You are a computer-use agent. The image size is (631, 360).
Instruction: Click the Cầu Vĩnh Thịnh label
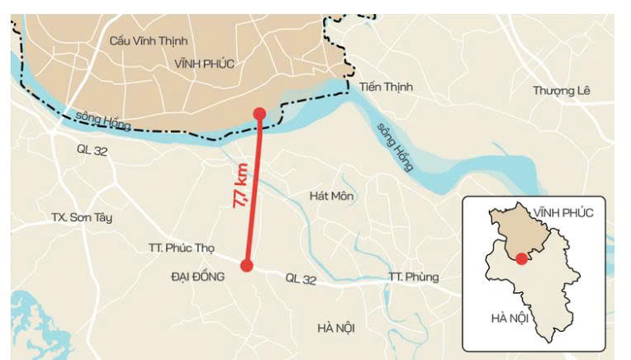pyautogui.click(x=149, y=40)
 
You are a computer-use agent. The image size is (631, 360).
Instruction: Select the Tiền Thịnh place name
pyautogui.click(x=386, y=87)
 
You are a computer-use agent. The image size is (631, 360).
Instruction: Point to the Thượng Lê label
pyautogui.click(x=562, y=91)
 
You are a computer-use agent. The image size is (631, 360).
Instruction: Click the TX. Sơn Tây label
pyautogui.click(x=81, y=218)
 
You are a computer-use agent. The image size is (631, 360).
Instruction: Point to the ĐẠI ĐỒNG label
pyautogui.click(x=197, y=277)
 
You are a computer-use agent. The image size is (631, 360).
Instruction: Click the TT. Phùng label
pyautogui.click(x=413, y=277)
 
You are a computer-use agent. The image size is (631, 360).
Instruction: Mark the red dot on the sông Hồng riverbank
pyautogui.click(x=259, y=114)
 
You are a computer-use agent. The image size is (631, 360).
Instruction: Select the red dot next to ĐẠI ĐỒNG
pyautogui.click(x=246, y=265)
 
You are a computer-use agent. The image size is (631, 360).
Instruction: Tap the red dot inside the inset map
pyautogui.click(x=521, y=259)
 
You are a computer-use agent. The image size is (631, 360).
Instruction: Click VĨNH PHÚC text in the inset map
pyautogui.click(x=563, y=213)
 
